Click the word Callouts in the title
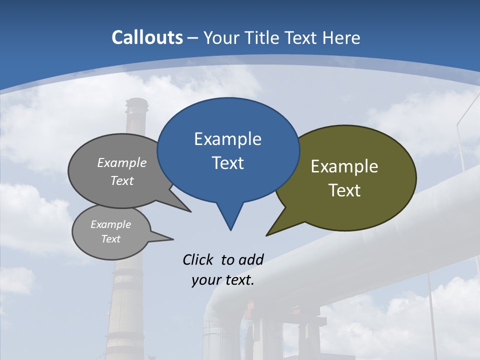(147, 37)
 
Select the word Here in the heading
(341, 37)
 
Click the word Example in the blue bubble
(227, 139)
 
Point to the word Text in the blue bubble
(227, 163)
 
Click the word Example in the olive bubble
(344, 166)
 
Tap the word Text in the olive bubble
(344, 190)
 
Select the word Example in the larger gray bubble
(122, 162)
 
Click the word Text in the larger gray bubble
(122, 180)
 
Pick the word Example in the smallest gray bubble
(110, 224)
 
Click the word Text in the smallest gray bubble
(110, 239)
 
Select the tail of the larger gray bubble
(182, 206)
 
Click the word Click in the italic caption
(199, 259)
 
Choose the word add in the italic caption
(251, 259)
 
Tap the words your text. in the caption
(223, 280)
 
